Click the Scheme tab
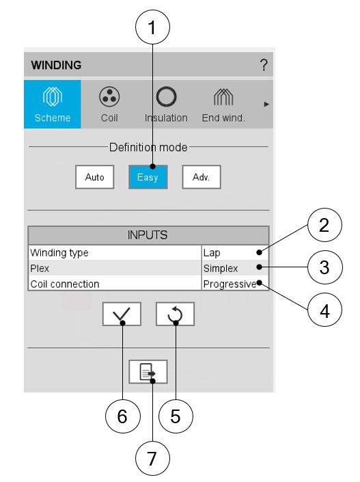[53, 104]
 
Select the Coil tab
[109, 104]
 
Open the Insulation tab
[166, 104]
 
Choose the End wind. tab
[223, 104]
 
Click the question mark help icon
[264, 65]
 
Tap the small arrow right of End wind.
[266, 104]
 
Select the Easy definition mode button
[148, 177]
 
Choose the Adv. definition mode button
[202, 177]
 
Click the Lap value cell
[235, 253]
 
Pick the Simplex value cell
[235, 268]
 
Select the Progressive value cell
[235, 284]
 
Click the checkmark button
[122, 314]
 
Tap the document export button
[148, 372]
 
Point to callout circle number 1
[152, 27]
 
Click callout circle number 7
[152, 458]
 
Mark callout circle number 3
[324, 267]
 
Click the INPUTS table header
[148, 235]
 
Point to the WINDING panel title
[56, 65]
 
